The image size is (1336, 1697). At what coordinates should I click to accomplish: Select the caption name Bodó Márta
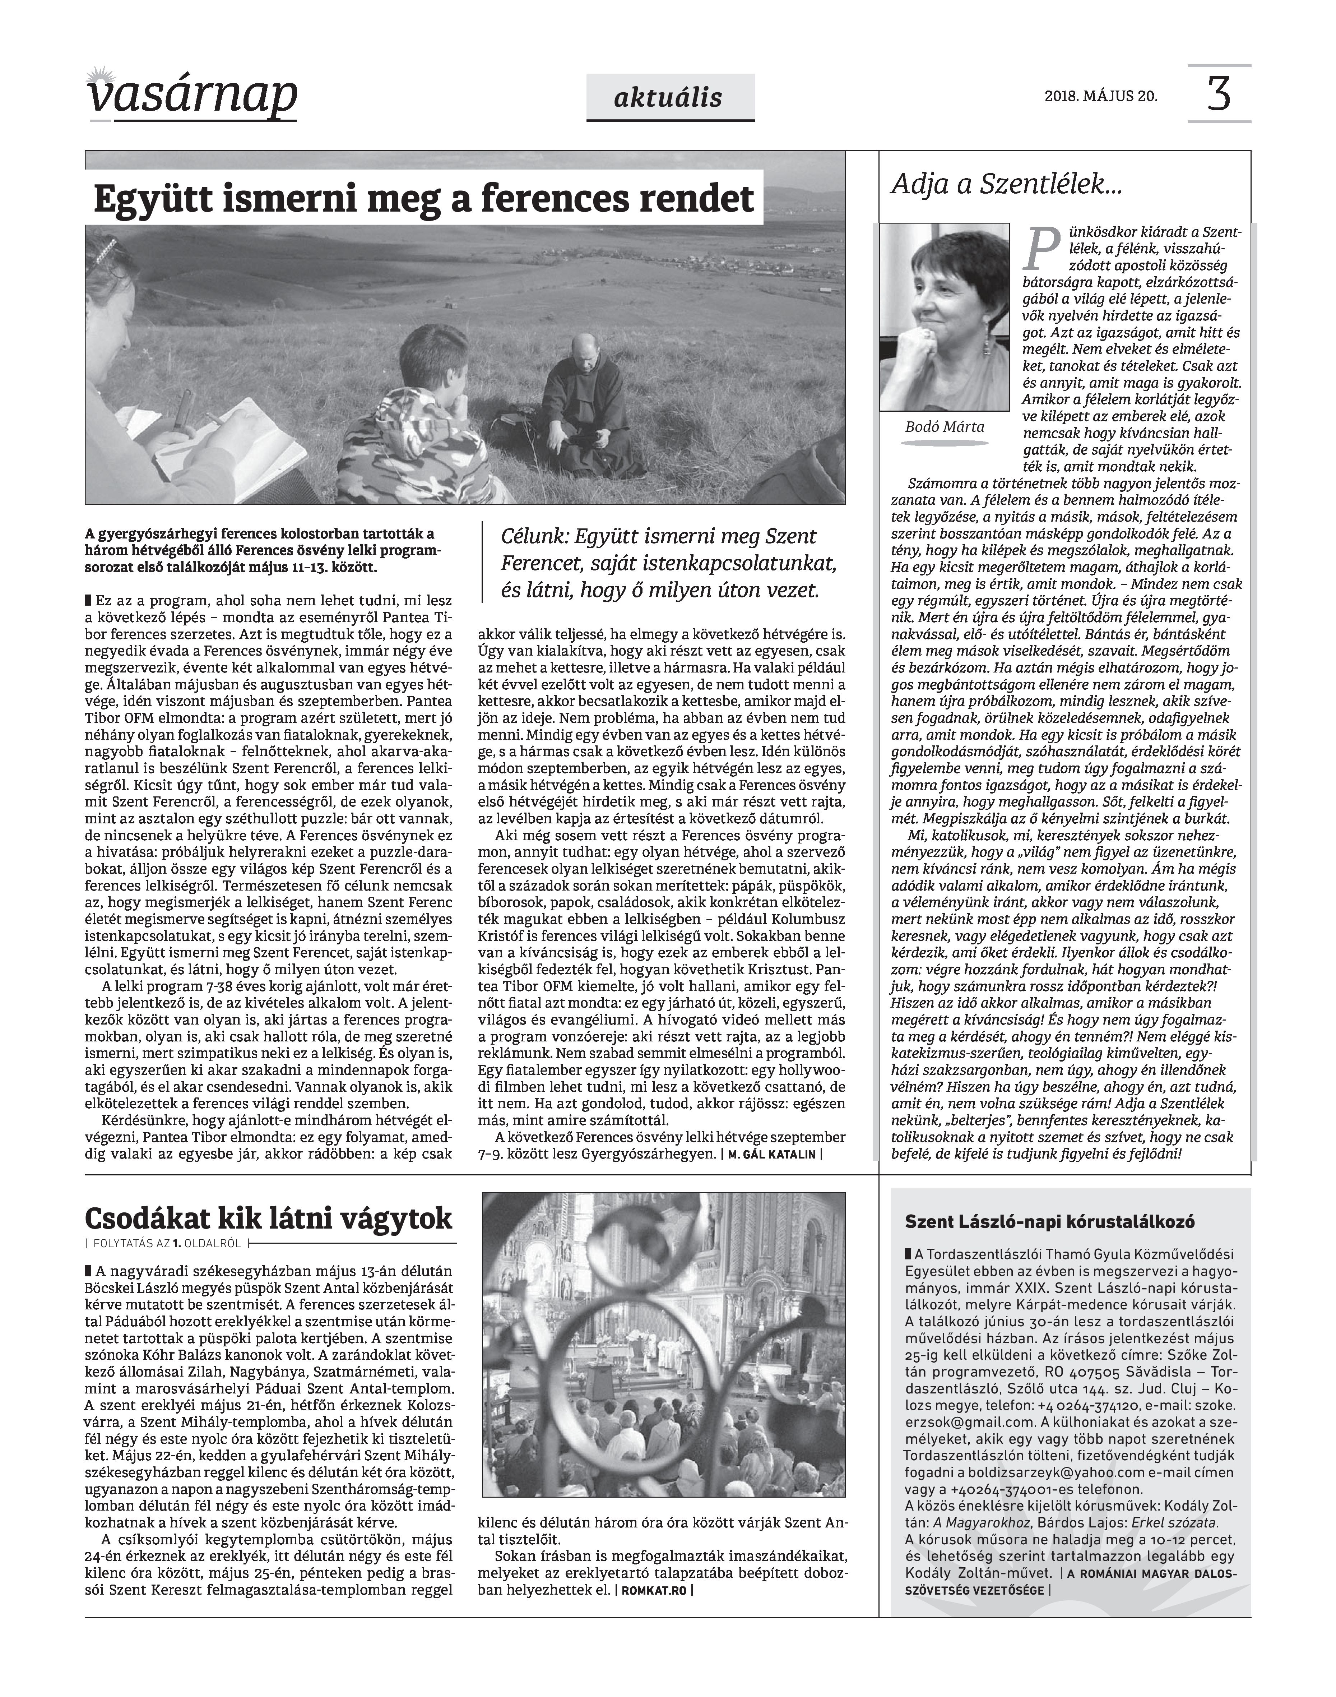(x=944, y=427)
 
